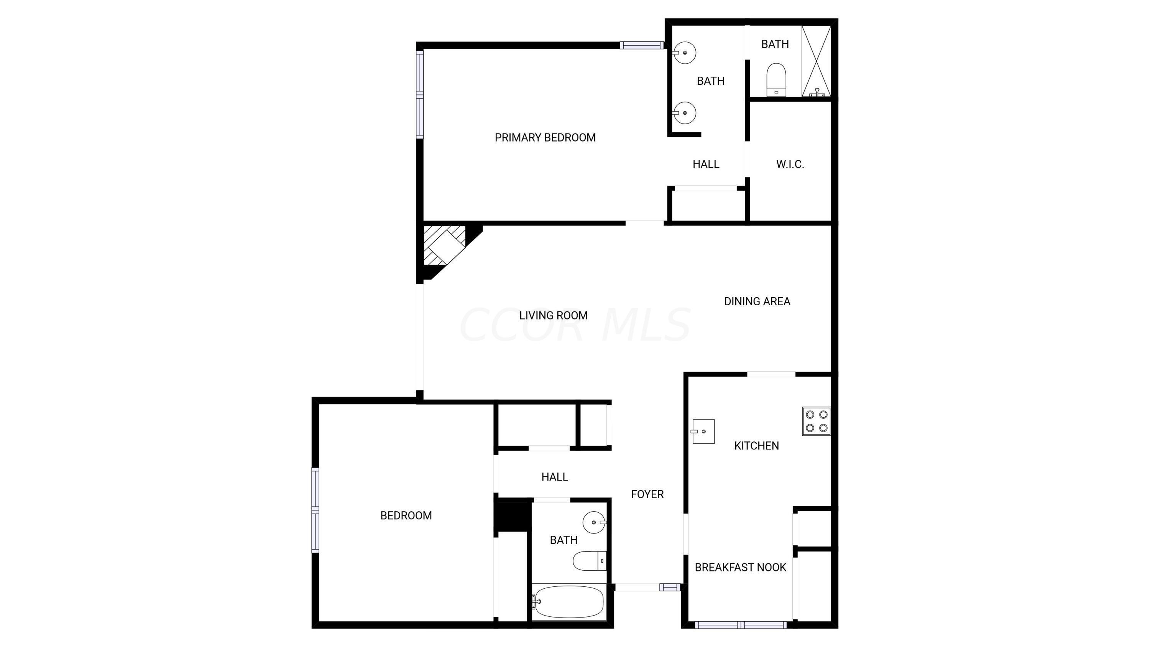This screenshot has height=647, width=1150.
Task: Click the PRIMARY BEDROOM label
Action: pyautogui.click(x=545, y=138)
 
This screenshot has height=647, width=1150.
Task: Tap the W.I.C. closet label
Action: pyautogui.click(x=790, y=164)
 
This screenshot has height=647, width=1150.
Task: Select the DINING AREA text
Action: pyautogui.click(x=757, y=301)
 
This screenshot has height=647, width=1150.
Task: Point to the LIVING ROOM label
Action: pyautogui.click(x=553, y=316)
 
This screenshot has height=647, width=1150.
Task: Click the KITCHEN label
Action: pyautogui.click(x=756, y=446)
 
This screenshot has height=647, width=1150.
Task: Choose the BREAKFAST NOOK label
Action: pyautogui.click(x=740, y=568)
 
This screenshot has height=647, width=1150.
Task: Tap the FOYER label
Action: pyautogui.click(x=647, y=494)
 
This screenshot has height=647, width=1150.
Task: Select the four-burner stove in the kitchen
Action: pyautogui.click(x=816, y=421)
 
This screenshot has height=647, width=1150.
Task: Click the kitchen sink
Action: pyautogui.click(x=703, y=431)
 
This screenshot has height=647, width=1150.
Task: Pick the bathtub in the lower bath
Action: pyautogui.click(x=568, y=602)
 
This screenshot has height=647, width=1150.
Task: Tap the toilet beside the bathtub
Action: pyautogui.click(x=589, y=561)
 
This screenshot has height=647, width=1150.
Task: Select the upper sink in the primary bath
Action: pyautogui.click(x=684, y=53)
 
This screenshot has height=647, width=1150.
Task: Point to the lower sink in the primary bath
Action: pyautogui.click(x=684, y=113)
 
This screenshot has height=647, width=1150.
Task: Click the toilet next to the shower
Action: pyautogui.click(x=776, y=79)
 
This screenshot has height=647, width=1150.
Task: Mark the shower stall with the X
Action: pyautogui.click(x=816, y=61)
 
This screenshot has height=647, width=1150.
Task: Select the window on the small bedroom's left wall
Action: pyautogui.click(x=315, y=510)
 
